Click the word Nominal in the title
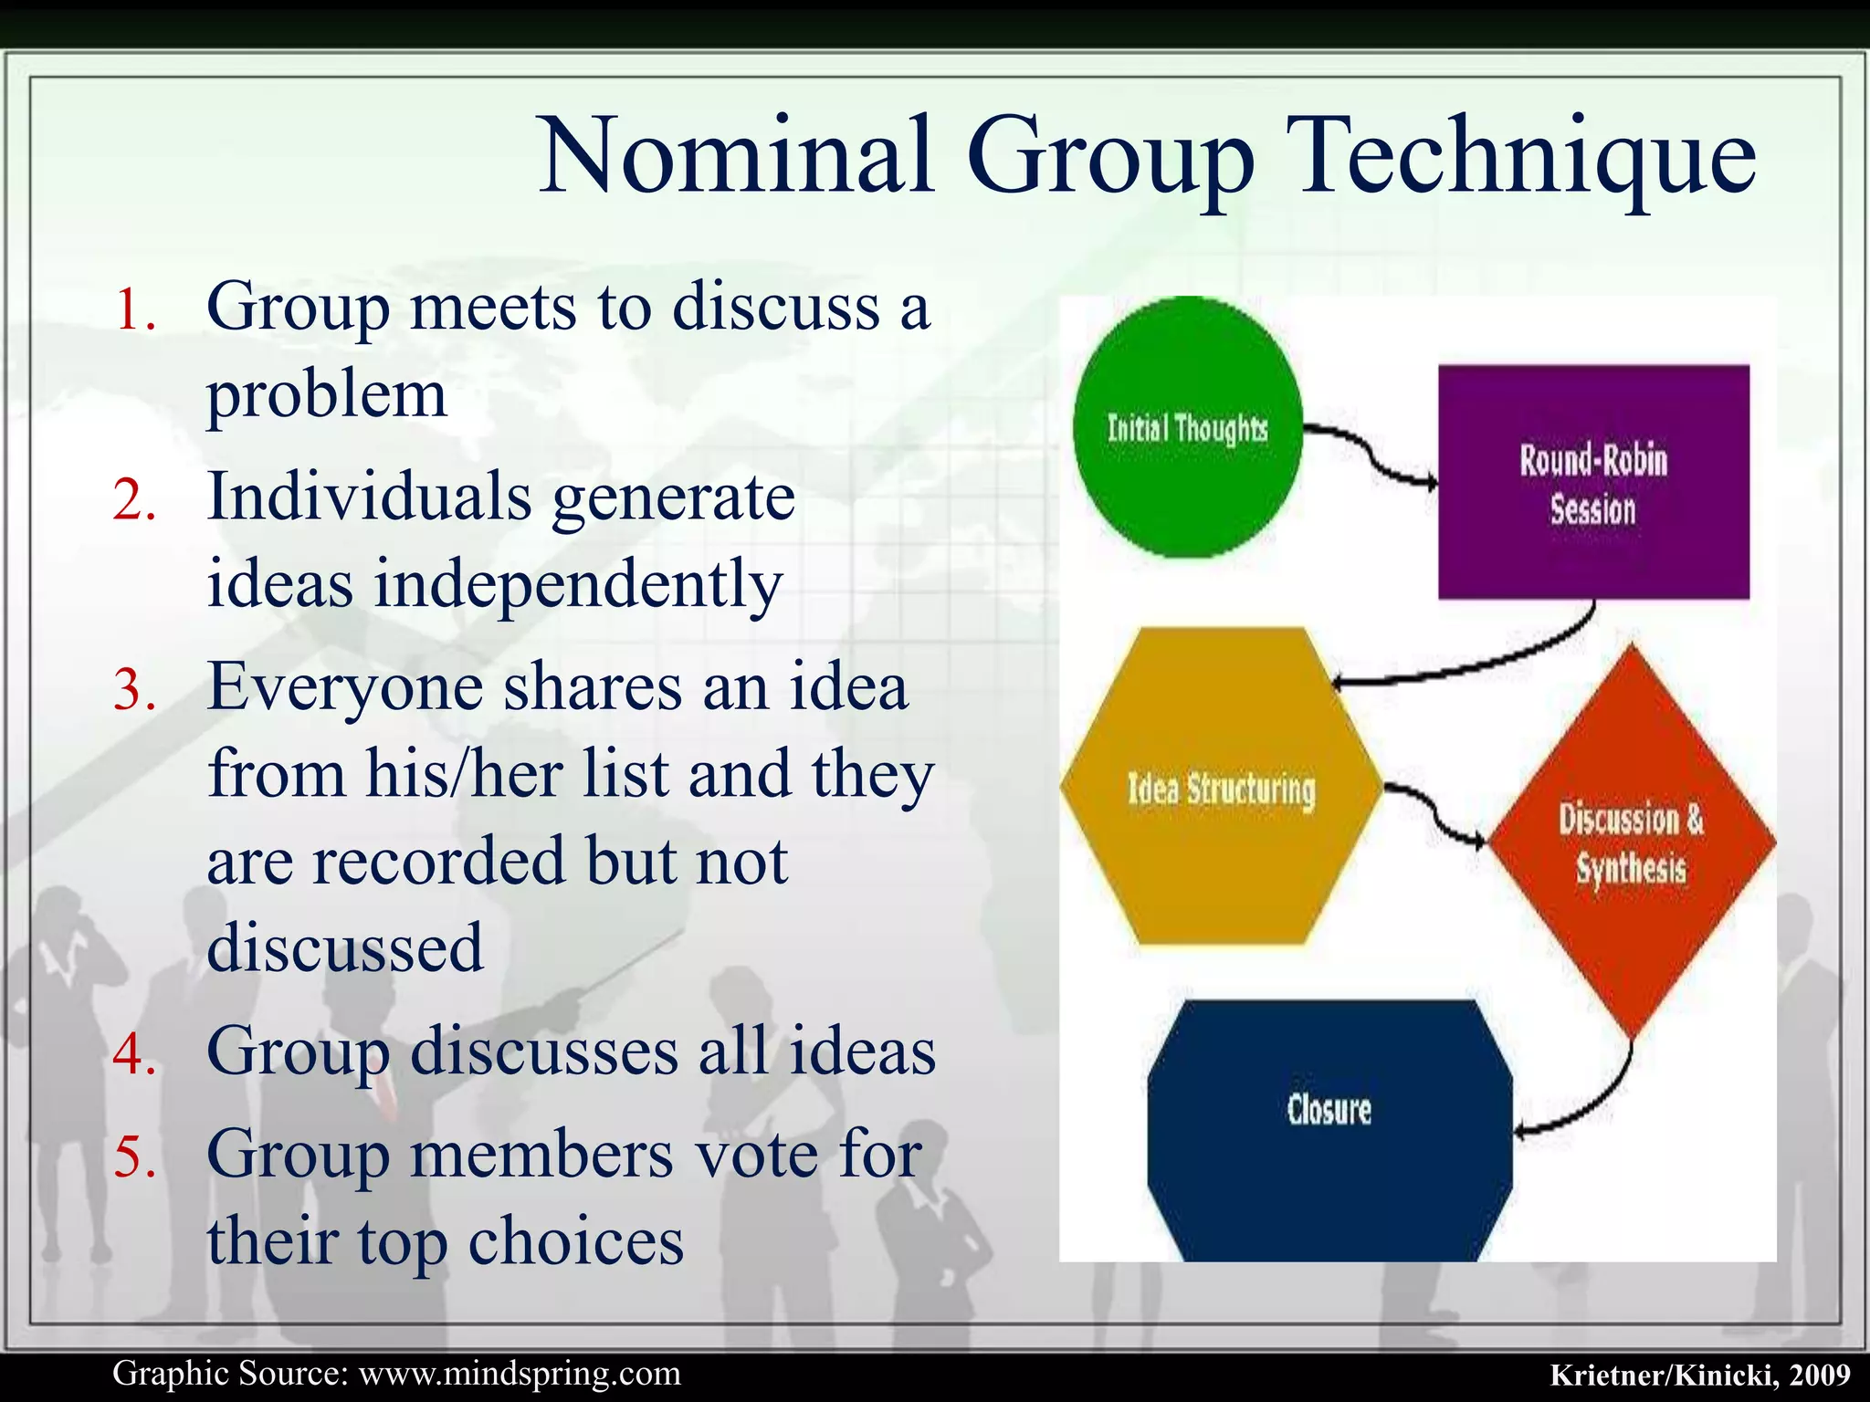(737, 155)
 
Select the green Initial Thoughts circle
(1187, 427)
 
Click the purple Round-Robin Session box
(1593, 483)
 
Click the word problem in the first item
(327, 396)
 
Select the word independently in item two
(578, 584)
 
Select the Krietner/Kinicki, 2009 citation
(1699, 1375)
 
